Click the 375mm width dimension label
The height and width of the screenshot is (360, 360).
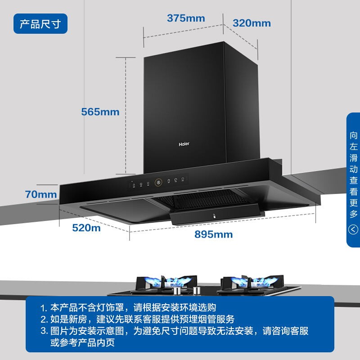click(185, 18)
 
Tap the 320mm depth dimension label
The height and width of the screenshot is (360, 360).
click(252, 23)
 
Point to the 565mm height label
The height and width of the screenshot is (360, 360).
click(100, 112)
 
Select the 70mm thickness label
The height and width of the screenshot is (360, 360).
click(41, 194)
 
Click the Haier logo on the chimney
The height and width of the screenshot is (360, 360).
click(184, 145)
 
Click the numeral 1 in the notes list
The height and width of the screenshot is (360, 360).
click(43, 309)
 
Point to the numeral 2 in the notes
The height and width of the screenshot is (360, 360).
click(43, 320)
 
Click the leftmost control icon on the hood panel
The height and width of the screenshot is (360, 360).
click(133, 184)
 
